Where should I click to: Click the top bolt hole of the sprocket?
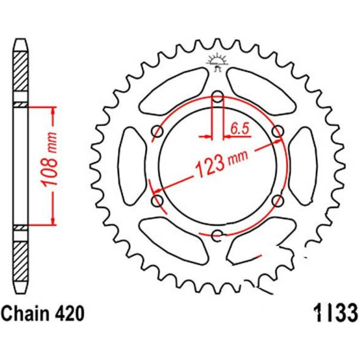pyautogui.click(x=217, y=97)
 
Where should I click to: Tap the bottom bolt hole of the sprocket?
pyautogui.click(x=217, y=236)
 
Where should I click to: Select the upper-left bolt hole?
pyautogui.click(x=157, y=131)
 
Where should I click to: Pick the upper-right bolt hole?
pyautogui.click(x=278, y=131)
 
